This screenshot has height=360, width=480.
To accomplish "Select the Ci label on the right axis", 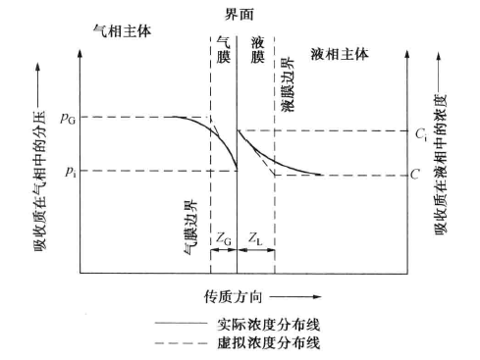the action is (420, 130).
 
